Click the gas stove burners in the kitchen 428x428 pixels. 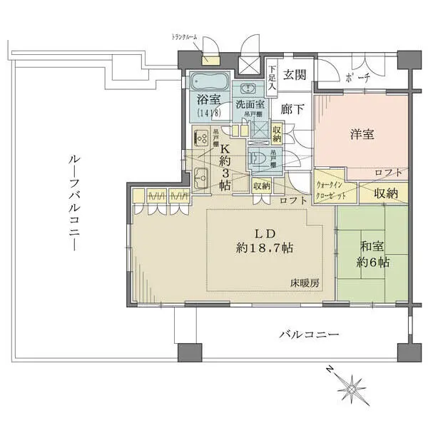click(201, 136)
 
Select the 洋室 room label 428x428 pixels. click(363, 133)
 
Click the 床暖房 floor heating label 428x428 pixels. click(305, 283)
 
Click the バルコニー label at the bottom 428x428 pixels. click(308, 335)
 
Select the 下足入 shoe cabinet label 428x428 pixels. click(272, 76)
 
